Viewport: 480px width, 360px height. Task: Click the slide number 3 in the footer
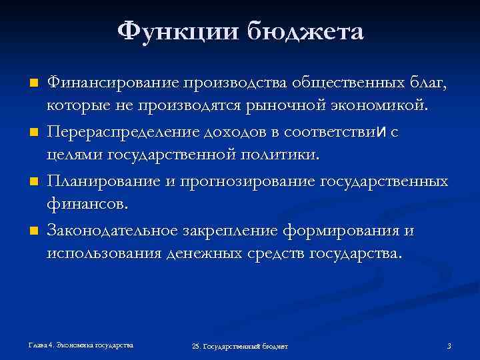coord(449,346)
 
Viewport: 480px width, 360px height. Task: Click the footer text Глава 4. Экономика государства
coord(80,345)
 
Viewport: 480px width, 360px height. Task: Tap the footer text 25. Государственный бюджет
coord(239,347)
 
